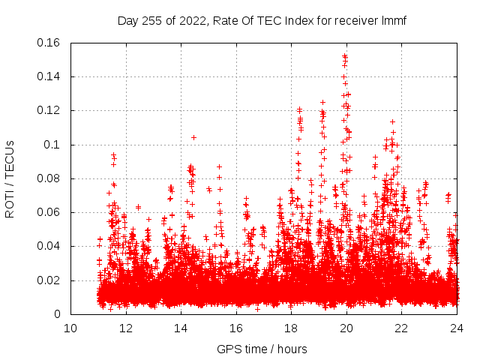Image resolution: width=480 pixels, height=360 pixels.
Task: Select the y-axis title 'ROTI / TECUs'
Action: click(10, 178)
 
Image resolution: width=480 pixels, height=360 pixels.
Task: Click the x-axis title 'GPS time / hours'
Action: click(262, 349)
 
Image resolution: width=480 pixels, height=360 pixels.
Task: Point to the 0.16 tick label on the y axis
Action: click(49, 43)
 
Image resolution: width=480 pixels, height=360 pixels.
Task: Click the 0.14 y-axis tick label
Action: click(49, 76)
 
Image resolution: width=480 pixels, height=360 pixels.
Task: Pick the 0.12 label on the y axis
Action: click(49, 110)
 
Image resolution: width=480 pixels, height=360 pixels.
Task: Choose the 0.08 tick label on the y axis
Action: click(49, 178)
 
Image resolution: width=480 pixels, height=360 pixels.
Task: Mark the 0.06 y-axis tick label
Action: click(49, 212)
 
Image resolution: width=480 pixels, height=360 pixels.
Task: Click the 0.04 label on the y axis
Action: click(49, 246)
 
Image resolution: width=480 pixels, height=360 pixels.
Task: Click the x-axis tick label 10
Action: click(70, 328)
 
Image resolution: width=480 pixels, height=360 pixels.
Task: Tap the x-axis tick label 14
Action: click(181, 328)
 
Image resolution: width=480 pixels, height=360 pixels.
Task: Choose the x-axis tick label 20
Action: click(346, 328)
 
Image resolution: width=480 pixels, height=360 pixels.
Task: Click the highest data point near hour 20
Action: click(345, 55)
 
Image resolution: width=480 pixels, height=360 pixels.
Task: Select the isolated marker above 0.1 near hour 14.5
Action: click(193, 137)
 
